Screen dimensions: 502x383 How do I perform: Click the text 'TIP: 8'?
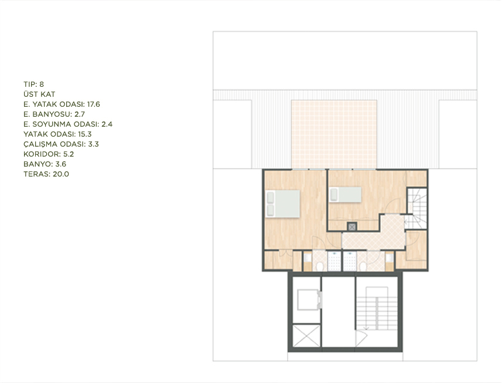(33, 84)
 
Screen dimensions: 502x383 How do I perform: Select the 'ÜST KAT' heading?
(39, 94)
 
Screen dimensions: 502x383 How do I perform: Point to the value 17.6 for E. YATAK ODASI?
(94, 104)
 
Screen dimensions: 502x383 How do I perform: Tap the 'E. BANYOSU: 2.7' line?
(54, 114)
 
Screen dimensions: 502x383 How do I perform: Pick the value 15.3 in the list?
(85, 134)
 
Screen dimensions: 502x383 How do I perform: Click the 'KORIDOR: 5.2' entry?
(49, 154)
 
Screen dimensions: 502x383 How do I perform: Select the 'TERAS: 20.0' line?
(46, 174)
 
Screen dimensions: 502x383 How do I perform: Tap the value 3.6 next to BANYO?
(61, 164)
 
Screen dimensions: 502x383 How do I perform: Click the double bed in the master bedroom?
(283, 204)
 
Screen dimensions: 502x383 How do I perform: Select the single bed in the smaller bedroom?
(346, 195)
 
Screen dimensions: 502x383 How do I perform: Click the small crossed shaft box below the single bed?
(352, 226)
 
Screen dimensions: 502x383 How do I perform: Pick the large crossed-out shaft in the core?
(306, 335)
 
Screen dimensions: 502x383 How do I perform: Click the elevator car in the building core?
(308, 300)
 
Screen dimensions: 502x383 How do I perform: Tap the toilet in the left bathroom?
(319, 266)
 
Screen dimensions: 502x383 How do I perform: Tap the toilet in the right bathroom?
(363, 266)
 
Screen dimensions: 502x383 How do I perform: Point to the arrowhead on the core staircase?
(366, 328)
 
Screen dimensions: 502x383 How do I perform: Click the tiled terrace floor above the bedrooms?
(334, 134)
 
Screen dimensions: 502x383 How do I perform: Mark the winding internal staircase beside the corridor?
(417, 209)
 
